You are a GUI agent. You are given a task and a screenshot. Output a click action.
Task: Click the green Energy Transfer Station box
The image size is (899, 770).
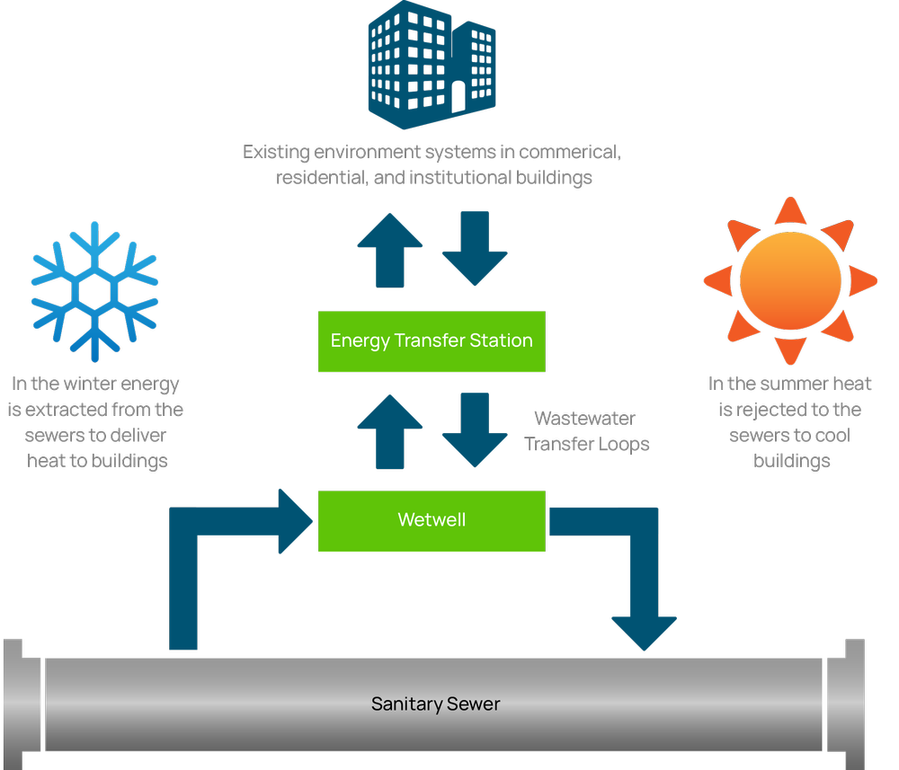pyautogui.click(x=432, y=341)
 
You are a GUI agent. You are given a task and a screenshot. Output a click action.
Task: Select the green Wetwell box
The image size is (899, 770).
pyautogui.click(x=432, y=520)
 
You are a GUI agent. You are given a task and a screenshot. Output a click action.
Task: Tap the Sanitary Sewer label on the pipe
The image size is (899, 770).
pyautogui.click(x=436, y=704)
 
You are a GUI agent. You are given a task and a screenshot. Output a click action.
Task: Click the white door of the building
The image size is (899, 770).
pyautogui.click(x=458, y=96)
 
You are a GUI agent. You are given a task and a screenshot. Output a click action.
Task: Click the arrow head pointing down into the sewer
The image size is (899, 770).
pyautogui.click(x=644, y=632)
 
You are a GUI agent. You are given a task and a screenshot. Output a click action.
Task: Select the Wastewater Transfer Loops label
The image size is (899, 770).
pyautogui.click(x=586, y=431)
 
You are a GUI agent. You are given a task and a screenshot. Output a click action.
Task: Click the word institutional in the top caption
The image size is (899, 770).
pyautogui.click(x=459, y=178)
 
